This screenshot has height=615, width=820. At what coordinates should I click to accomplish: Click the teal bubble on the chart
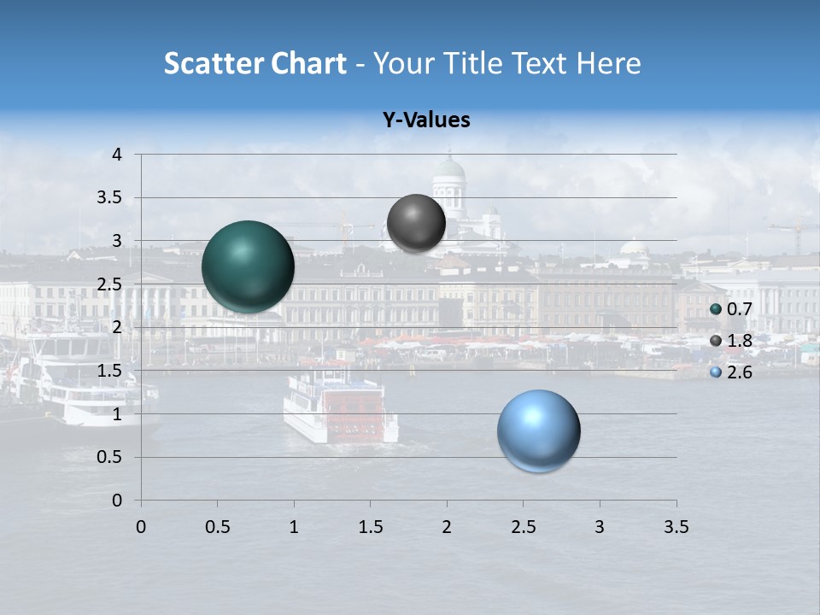point(248,266)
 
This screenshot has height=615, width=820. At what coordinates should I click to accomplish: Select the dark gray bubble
point(416,224)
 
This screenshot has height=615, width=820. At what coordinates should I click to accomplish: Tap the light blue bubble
point(538,430)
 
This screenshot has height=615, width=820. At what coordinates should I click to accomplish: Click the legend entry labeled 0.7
point(731,310)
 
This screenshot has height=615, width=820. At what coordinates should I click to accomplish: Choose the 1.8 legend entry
point(731,342)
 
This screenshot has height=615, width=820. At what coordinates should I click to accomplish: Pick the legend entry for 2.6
point(731,372)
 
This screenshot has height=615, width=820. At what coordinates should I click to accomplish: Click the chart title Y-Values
point(425,120)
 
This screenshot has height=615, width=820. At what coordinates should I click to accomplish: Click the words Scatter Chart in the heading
point(255,63)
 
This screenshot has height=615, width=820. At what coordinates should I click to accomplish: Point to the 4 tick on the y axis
point(117,155)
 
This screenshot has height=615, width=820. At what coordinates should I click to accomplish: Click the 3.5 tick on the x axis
point(676,528)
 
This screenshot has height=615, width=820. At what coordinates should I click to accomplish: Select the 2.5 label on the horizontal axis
point(523,528)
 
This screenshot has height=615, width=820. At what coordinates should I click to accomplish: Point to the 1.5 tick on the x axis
point(370,528)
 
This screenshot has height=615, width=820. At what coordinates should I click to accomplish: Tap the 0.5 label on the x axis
point(217,528)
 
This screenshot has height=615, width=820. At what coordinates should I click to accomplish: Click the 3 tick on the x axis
point(600,528)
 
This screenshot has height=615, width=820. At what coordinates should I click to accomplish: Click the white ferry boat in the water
point(340,408)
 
